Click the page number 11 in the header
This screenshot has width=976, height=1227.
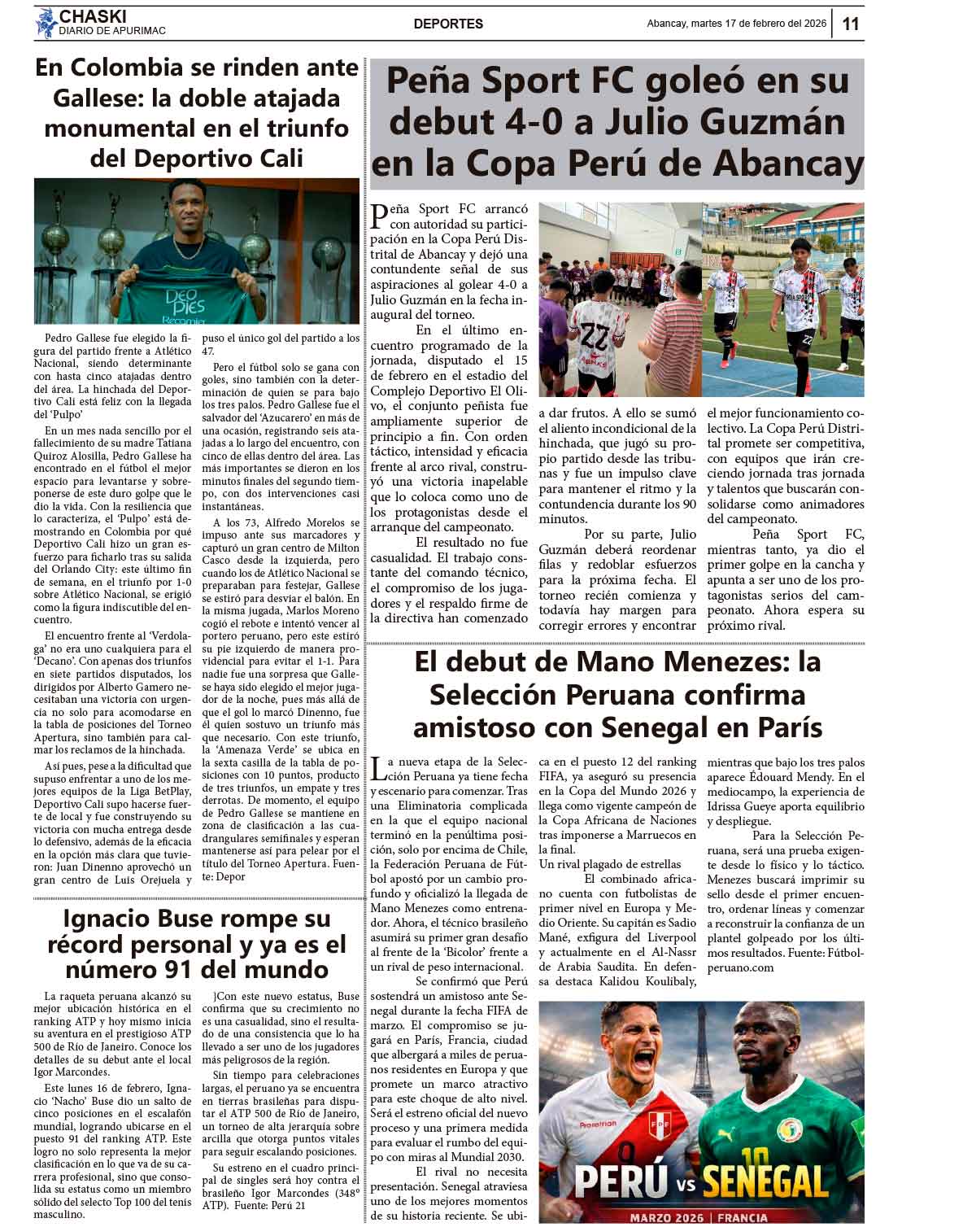(x=851, y=24)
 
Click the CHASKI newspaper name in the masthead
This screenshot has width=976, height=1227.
(x=94, y=16)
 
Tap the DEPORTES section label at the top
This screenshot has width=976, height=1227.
(x=448, y=24)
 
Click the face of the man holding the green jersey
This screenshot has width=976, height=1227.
(x=188, y=206)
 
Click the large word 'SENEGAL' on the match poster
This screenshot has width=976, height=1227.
(x=765, y=1180)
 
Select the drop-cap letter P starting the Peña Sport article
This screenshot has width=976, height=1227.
(x=378, y=216)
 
